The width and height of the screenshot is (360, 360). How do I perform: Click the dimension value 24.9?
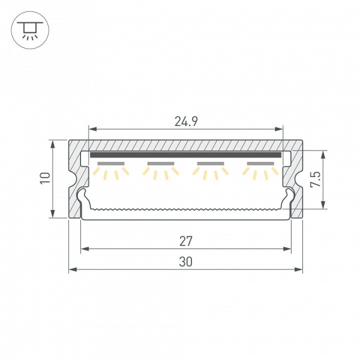(186, 121)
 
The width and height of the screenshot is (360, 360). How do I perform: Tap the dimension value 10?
(45, 178)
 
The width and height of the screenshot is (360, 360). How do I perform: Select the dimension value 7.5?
(315, 179)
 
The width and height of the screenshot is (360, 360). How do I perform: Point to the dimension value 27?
(186, 241)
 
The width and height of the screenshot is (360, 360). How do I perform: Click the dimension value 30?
(186, 262)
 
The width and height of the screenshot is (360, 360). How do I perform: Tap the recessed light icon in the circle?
(30, 31)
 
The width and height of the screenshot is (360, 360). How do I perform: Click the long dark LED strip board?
(186, 155)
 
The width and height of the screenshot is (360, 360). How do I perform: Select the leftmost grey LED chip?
(111, 164)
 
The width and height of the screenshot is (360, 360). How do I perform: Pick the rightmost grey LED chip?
(260, 164)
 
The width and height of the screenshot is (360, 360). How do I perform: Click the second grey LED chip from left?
(161, 164)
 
